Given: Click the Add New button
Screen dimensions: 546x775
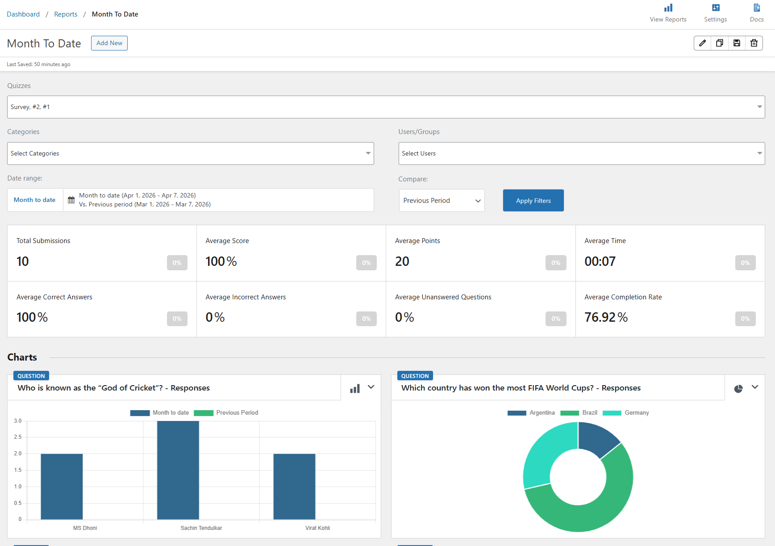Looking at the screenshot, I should click(x=109, y=43).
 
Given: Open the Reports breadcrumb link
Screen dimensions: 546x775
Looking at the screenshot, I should click(x=66, y=14).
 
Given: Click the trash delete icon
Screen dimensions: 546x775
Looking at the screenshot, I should click(x=754, y=43).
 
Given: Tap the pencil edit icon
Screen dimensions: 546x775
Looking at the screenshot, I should click(x=703, y=43).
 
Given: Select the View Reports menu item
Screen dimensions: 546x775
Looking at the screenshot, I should click(x=668, y=13).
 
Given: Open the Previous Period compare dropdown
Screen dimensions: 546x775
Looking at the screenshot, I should click(x=442, y=201).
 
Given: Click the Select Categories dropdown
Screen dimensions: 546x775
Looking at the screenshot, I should click(x=190, y=154).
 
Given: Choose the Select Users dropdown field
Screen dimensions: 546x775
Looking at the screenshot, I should click(x=581, y=154).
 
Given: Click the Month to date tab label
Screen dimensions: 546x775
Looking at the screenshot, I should click(x=35, y=200).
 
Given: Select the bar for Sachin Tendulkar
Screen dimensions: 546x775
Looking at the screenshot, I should click(x=178, y=470).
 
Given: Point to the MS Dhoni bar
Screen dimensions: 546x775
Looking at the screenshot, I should click(x=62, y=487).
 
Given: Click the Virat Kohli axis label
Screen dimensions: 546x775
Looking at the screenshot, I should click(x=317, y=528).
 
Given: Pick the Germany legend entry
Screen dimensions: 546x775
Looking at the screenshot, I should click(x=626, y=413).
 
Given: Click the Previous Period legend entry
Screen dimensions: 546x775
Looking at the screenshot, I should click(x=226, y=413).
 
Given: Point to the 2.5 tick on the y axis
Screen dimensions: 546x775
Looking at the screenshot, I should click(x=18, y=437).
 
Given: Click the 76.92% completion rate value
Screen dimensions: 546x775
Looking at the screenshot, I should click(x=606, y=317).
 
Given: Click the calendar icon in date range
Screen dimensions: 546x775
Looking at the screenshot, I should click(x=71, y=200).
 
